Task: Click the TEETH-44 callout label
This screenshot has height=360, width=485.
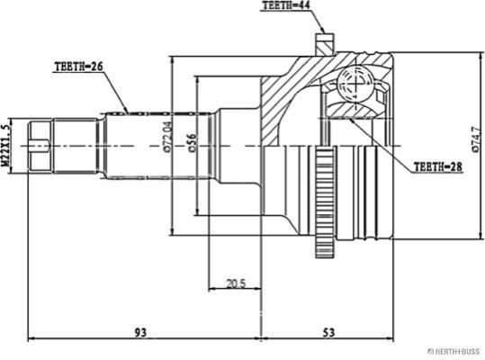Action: [x=286, y=5]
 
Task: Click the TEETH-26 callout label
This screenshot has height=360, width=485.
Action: [x=78, y=67]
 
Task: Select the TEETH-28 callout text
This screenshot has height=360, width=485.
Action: [x=437, y=167]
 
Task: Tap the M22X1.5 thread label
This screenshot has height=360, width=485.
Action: [x=5, y=146]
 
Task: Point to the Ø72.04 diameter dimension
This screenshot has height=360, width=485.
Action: [x=167, y=137]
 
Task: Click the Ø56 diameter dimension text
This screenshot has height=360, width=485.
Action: [x=192, y=143]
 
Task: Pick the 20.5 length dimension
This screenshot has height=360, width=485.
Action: [x=236, y=283]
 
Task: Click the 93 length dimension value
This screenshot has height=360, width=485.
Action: [x=140, y=333]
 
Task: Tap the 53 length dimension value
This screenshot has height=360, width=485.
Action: [x=328, y=333]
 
